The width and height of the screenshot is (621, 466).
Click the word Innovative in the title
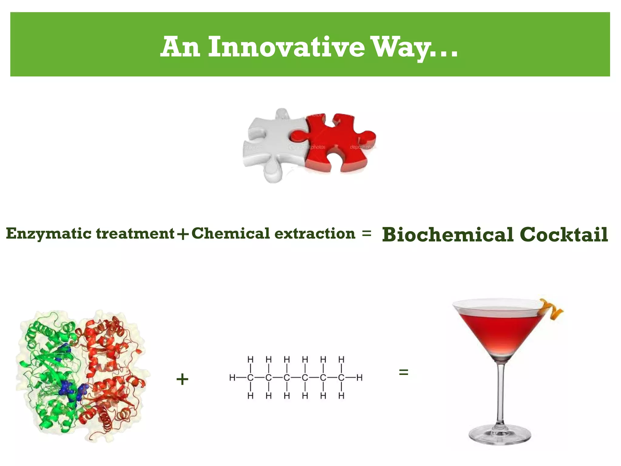point(286,47)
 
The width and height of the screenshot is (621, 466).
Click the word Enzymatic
point(49,234)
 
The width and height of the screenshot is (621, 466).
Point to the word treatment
point(135,233)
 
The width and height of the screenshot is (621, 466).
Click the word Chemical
point(230,233)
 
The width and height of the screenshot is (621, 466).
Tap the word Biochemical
point(448,235)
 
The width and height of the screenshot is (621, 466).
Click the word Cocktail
point(564,235)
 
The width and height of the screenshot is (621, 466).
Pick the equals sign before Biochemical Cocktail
point(367,233)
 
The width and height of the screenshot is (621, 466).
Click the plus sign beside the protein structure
point(182,379)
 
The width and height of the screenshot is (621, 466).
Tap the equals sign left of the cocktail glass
point(404,372)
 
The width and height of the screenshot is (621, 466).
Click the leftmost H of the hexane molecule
point(232,378)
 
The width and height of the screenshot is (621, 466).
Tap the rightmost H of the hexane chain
point(359,378)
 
